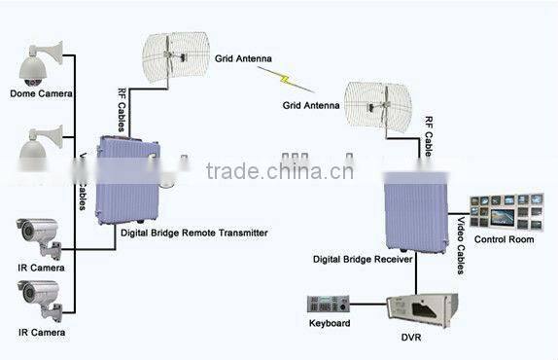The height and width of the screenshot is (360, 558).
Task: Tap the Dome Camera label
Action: (37, 93)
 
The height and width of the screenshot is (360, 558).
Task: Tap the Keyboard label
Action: (330, 322)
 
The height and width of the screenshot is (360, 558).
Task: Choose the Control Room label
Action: (504, 238)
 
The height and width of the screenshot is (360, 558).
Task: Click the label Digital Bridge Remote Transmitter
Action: (194, 233)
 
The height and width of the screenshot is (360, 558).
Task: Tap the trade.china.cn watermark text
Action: (280, 172)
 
